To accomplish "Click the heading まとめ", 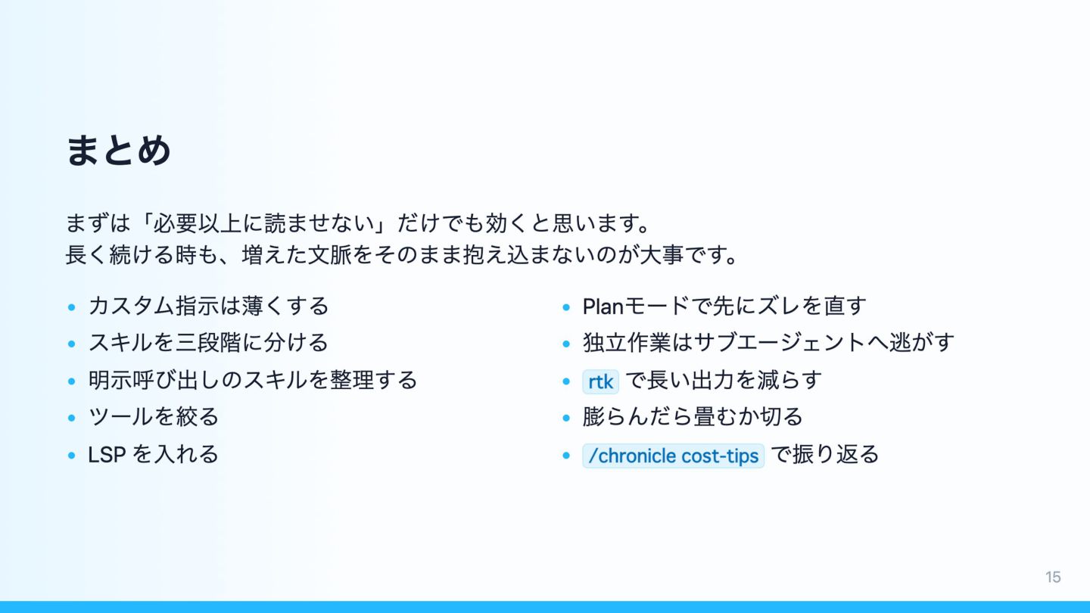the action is coord(118,151).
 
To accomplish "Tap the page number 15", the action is coord(1053,577).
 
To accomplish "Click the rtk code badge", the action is coord(600,381).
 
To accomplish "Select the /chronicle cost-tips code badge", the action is coord(673,456).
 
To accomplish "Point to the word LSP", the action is coord(107,455).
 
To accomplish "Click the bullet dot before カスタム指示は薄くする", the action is coord(71,307).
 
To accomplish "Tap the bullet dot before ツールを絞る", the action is coord(71,418).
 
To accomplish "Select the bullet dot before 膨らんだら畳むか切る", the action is coord(566,418).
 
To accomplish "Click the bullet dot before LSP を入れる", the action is coord(71,456).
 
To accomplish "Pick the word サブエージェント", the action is coord(779,343).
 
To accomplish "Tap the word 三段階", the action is coord(209,343).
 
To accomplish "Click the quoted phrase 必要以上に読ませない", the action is coord(263,223).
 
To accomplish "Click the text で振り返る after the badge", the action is coord(825,454).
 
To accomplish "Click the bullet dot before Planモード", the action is coord(566,307).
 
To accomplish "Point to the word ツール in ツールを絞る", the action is coord(120,416).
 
